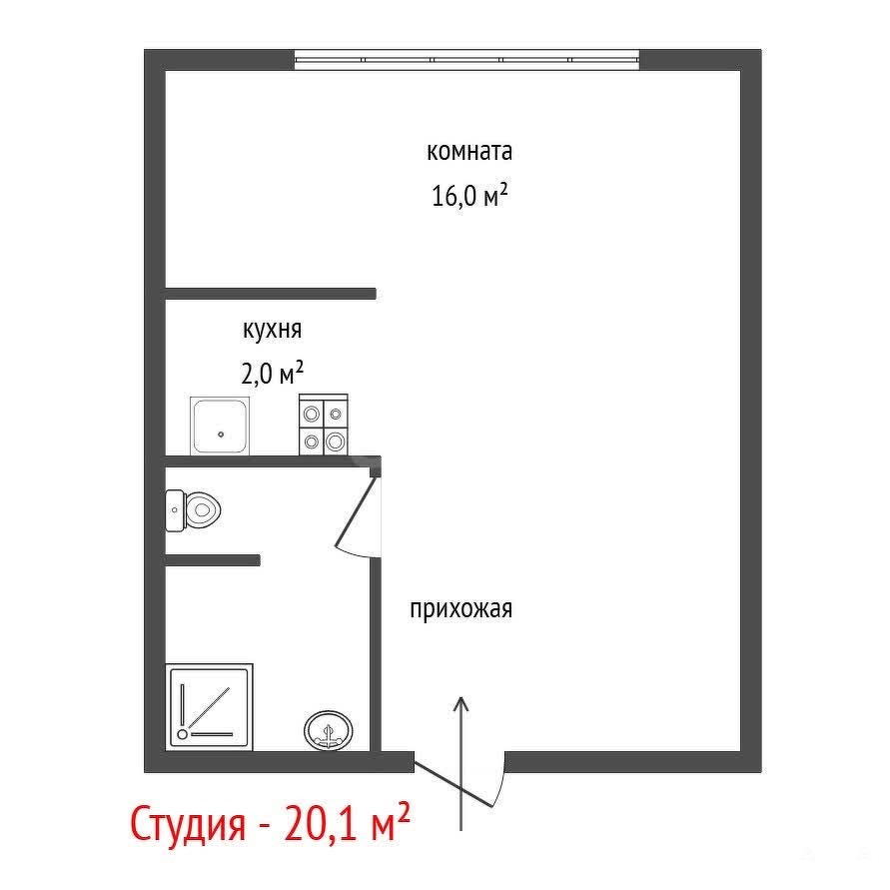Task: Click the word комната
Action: click(469, 152)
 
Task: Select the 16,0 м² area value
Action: click(469, 196)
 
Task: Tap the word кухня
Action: click(273, 331)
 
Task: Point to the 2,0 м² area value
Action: click(273, 373)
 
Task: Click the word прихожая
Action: click(460, 610)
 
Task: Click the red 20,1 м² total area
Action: click(347, 822)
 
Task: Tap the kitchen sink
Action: click(220, 426)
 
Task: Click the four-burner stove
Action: click(324, 425)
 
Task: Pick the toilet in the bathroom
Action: click(193, 510)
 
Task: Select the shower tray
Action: click(210, 706)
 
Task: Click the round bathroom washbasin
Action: click(329, 730)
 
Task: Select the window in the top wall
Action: click(467, 60)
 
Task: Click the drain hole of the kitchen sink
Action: click(221, 435)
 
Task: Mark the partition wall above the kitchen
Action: click(271, 294)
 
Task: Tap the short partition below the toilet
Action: click(213, 560)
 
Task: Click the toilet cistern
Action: click(176, 510)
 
